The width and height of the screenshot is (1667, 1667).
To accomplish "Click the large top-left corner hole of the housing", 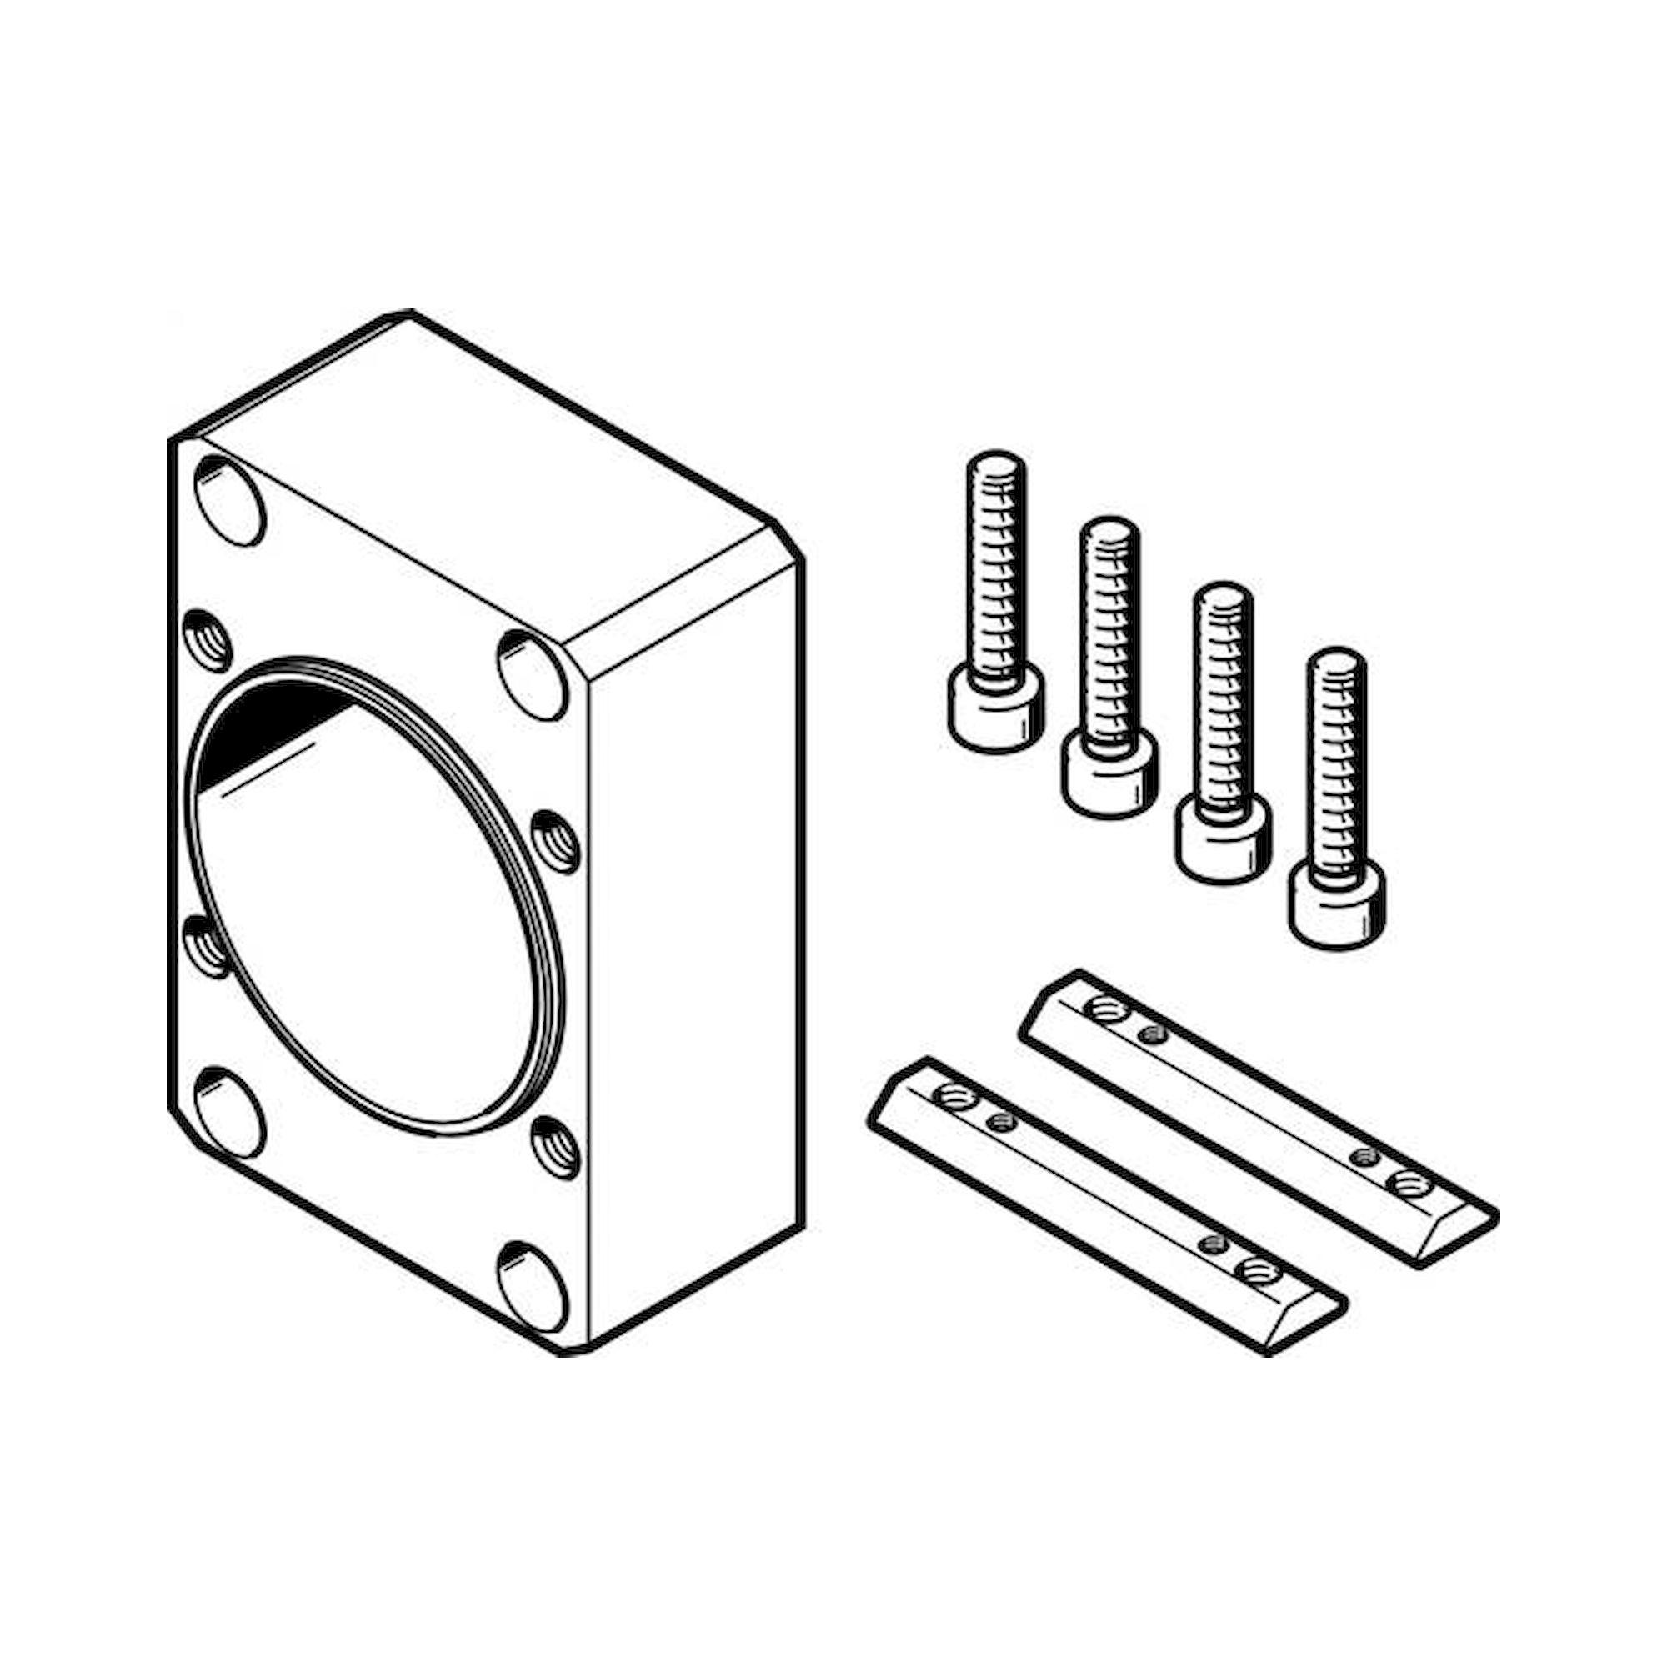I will pos(228,500).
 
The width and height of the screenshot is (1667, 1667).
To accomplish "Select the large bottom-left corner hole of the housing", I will pos(228,1112).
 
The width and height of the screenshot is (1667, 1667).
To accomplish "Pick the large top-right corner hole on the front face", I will pos(533,675).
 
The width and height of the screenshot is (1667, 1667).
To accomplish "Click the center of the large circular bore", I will pos(371,898).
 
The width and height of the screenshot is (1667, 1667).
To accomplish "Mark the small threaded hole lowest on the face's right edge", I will pos(555,1147).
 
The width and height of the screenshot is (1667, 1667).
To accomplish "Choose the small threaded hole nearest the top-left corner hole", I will pos(208,640).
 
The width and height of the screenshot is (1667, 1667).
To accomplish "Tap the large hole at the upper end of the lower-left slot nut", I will pos(955,1098).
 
